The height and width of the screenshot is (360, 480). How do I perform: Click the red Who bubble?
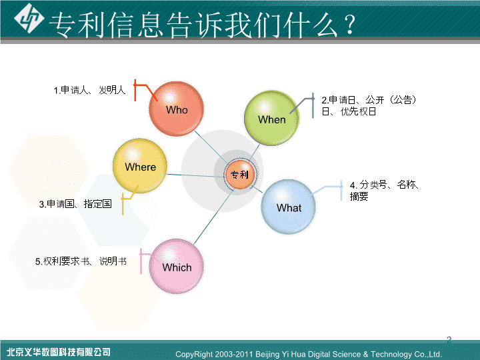tap(176, 109)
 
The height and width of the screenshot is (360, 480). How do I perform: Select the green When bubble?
tap(271, 118)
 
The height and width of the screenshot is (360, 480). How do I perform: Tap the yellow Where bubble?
tap(140, 165)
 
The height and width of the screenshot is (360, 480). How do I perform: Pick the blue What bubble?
tap(289, 207)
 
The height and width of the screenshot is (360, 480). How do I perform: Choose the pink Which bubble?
tap(177, 266)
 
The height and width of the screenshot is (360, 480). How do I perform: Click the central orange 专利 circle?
tap(240, 175)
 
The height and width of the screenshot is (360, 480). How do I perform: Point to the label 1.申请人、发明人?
tap(89, 90)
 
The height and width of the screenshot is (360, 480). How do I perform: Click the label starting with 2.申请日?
tap(369, 105)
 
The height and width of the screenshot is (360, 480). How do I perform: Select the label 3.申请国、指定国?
tap(75, 203)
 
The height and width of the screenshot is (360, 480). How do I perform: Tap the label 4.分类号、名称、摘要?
tap(384, 191)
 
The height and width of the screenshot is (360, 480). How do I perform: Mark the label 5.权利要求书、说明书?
tap(81, 261)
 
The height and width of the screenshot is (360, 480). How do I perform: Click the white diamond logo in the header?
tap(29, 19)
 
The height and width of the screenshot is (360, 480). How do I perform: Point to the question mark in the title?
tap(349, 24)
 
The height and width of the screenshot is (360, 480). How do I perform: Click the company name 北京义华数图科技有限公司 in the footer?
tap(59, 352)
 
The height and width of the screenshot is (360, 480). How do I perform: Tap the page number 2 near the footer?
tap(449, 339)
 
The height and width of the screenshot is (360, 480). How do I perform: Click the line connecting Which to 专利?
tap(214, 217)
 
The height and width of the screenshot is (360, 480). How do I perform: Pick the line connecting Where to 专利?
tap(197, 176)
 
